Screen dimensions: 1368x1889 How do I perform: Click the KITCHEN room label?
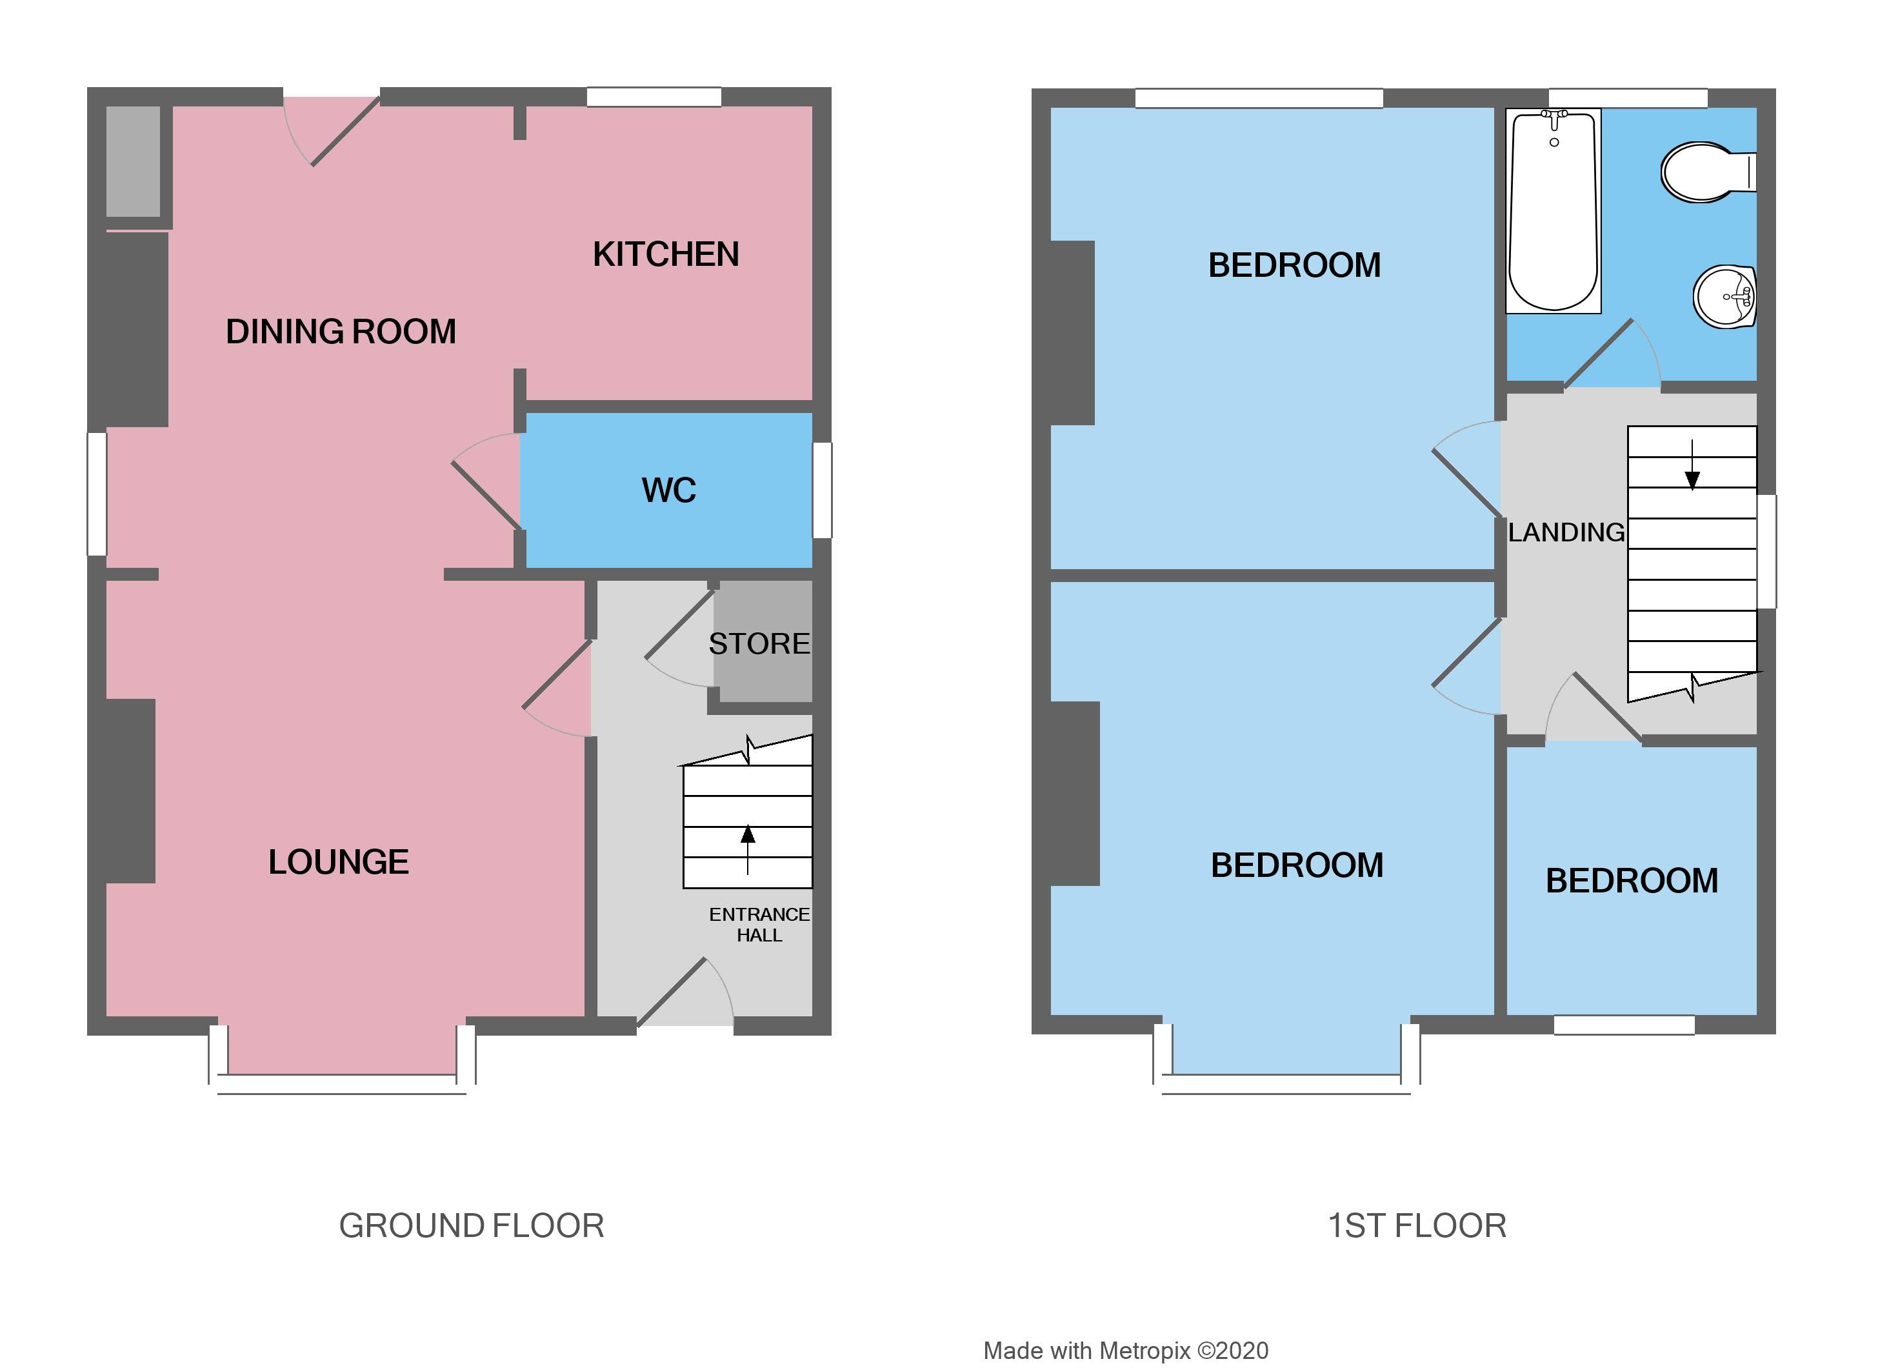click(666, 255)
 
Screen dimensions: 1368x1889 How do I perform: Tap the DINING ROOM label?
click(341, 332)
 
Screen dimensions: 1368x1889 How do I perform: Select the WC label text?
click(669, 490)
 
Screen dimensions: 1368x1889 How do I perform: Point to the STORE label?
click(759, 644)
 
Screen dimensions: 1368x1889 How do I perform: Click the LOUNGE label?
click(338, 862)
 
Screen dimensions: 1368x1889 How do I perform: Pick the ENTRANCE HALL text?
click(759, 925)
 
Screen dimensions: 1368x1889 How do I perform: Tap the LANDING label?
click(1566, 532)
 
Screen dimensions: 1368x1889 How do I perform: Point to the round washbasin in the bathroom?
click(1724, 297)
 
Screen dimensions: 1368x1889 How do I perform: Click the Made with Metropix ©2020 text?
click(1125, 1327)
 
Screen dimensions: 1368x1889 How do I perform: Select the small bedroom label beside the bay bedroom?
click(1632, 881)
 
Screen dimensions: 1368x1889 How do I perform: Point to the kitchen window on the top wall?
click(654, 97)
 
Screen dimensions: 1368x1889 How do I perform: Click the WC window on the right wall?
click(822, 490)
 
